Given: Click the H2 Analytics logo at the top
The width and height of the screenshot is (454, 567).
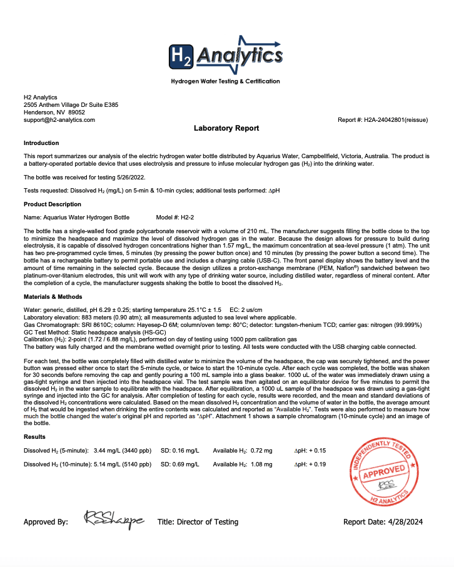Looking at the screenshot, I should coord(226,58).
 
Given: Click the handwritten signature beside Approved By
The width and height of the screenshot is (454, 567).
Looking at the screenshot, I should coord(113,519).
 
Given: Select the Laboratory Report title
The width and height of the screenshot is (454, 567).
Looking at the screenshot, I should coord(226,128).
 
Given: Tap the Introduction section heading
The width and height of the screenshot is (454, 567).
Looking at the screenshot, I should coord(41,143).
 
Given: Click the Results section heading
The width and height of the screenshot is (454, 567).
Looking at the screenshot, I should coord(34,437).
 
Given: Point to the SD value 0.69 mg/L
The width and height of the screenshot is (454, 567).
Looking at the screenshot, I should coord(188,464).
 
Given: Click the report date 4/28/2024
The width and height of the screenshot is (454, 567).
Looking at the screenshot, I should coord(410,522).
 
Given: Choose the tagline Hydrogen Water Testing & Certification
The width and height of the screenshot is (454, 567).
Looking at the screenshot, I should coord(226,81).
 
